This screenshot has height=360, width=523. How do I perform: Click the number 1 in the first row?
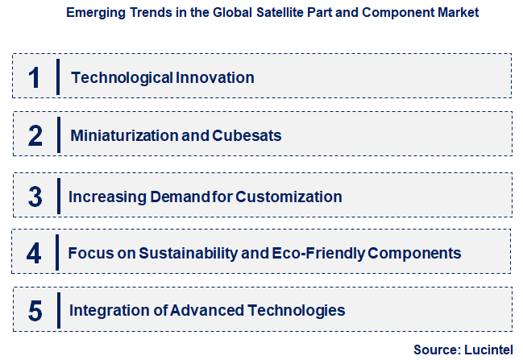34,77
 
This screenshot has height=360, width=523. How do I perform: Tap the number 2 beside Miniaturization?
35,135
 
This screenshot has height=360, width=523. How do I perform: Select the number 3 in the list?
35,197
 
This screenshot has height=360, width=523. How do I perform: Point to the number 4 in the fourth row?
34,253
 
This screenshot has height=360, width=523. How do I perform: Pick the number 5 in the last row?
35,310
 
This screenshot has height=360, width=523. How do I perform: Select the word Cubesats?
247,135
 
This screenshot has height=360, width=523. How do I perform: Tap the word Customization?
291,197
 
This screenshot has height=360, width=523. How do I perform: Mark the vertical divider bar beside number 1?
59,77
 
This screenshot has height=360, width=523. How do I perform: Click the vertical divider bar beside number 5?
59,310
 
